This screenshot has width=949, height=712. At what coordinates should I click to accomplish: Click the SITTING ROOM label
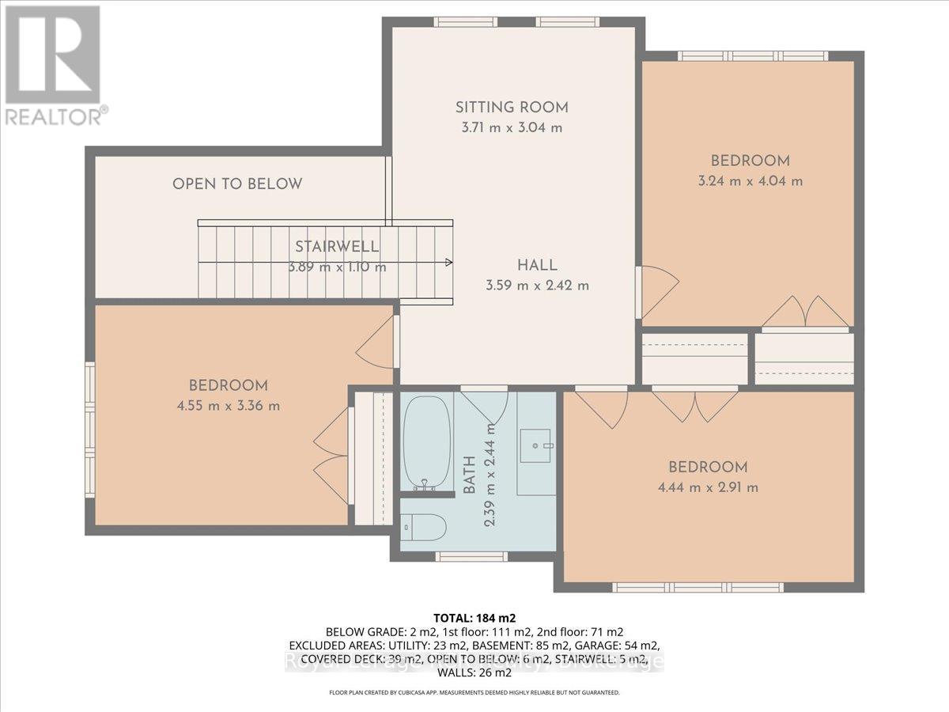(512, 108)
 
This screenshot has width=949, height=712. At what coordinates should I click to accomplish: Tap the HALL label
(538, 266)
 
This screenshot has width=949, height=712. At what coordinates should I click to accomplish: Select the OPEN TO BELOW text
(237, 184)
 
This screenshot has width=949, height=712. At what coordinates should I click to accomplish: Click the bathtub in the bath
(427, 443)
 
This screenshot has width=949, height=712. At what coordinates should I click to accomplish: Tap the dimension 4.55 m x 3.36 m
(228, 406)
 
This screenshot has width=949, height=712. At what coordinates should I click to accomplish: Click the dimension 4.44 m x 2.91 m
(707, 487)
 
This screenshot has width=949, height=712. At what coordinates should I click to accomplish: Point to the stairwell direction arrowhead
(448, 263)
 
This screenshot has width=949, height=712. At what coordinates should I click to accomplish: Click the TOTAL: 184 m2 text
(474, 617)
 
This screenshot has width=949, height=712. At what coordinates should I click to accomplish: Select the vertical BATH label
(469, 475)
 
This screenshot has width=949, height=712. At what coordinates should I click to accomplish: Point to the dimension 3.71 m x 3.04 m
(512, 128)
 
